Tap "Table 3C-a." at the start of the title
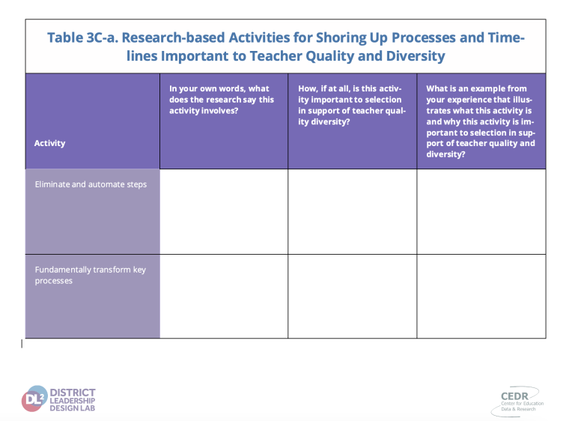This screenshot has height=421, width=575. (x=82, y=37)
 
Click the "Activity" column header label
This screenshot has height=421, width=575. (x=49, y=143)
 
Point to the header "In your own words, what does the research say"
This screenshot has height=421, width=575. (x=222, y=100)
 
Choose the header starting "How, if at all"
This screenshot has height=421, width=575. (x=352, y=105)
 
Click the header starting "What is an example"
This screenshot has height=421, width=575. (x=481, y=121)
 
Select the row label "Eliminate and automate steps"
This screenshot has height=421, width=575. (x=91, y=184)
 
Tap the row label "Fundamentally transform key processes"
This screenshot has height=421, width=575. (x=90, y=275)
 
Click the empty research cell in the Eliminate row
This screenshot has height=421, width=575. (x=224, y=211)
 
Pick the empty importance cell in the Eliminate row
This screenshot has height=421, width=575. (x=353, y=211)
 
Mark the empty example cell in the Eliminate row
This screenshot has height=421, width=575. (x=481, y=211)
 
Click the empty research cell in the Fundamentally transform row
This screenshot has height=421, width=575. (x=224, y=296)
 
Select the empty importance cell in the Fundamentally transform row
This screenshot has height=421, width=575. (x=353, y=296)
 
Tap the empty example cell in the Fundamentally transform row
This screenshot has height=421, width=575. (x=481, y=296)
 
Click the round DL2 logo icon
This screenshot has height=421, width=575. (x=34, y=399)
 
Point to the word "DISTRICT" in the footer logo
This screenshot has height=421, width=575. (x=73, y=393)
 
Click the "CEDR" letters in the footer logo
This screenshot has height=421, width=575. (x=514, y=396)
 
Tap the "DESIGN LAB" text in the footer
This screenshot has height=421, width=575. (x=72, y=408)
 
